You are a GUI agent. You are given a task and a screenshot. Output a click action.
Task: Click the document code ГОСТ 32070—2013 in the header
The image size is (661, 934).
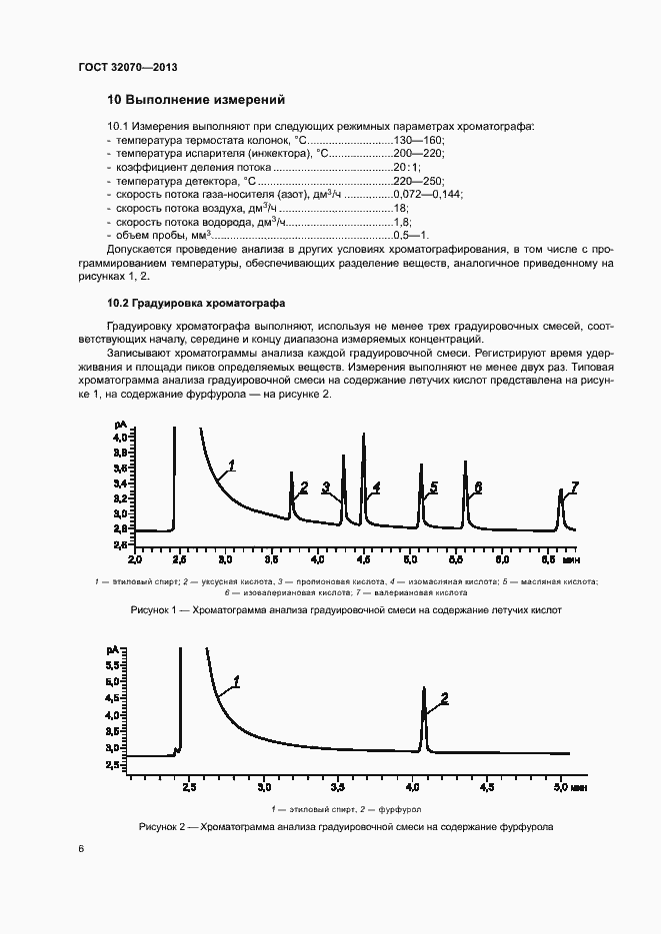pos(127,68)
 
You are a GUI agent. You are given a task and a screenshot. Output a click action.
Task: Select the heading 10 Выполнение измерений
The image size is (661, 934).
pos(196,100)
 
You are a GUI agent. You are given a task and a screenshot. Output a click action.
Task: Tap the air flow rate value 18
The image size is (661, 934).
pos(400,208)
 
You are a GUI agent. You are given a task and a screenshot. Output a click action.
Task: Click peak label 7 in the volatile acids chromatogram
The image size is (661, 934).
pos(574,486)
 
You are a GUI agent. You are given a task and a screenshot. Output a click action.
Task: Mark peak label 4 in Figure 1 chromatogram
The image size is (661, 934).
pos(376,487)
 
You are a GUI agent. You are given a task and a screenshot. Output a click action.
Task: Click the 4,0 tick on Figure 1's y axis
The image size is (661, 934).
pos(120,438)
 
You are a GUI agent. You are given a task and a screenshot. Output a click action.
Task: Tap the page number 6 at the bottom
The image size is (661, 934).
pos(81,849)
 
